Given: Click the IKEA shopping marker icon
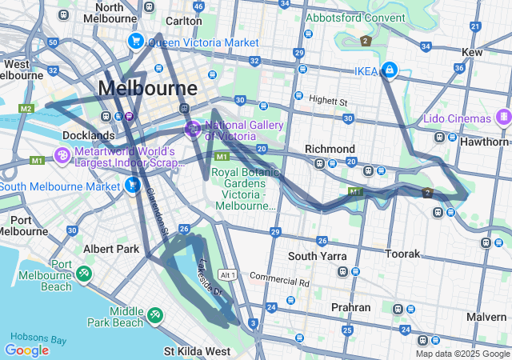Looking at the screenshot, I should point(389,70).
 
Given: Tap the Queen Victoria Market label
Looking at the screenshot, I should point(203,42).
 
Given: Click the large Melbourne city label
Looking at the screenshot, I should point(147,88).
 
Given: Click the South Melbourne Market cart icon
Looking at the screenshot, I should point(133,186).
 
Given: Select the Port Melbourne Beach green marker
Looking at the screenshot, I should point(84,274).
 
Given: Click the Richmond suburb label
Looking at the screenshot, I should point(330,150).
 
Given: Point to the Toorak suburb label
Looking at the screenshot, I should point(402,254).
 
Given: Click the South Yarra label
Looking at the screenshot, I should point(318,256).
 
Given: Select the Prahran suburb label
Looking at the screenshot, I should point(351,307).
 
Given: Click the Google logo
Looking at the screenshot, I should point(26,350).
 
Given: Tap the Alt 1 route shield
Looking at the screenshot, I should point(228,275).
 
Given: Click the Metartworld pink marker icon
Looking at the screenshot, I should point(62,155).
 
